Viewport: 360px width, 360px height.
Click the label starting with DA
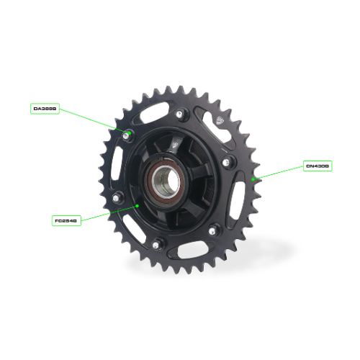point(45,109)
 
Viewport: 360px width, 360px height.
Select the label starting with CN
point(317,166)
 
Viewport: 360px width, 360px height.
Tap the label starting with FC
point(66,220)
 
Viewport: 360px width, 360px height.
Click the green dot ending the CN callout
point(253,178)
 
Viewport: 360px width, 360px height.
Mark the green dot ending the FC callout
point(137,205)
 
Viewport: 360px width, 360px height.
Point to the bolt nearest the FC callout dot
point(116,199)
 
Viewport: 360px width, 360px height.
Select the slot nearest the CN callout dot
point(237,194)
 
